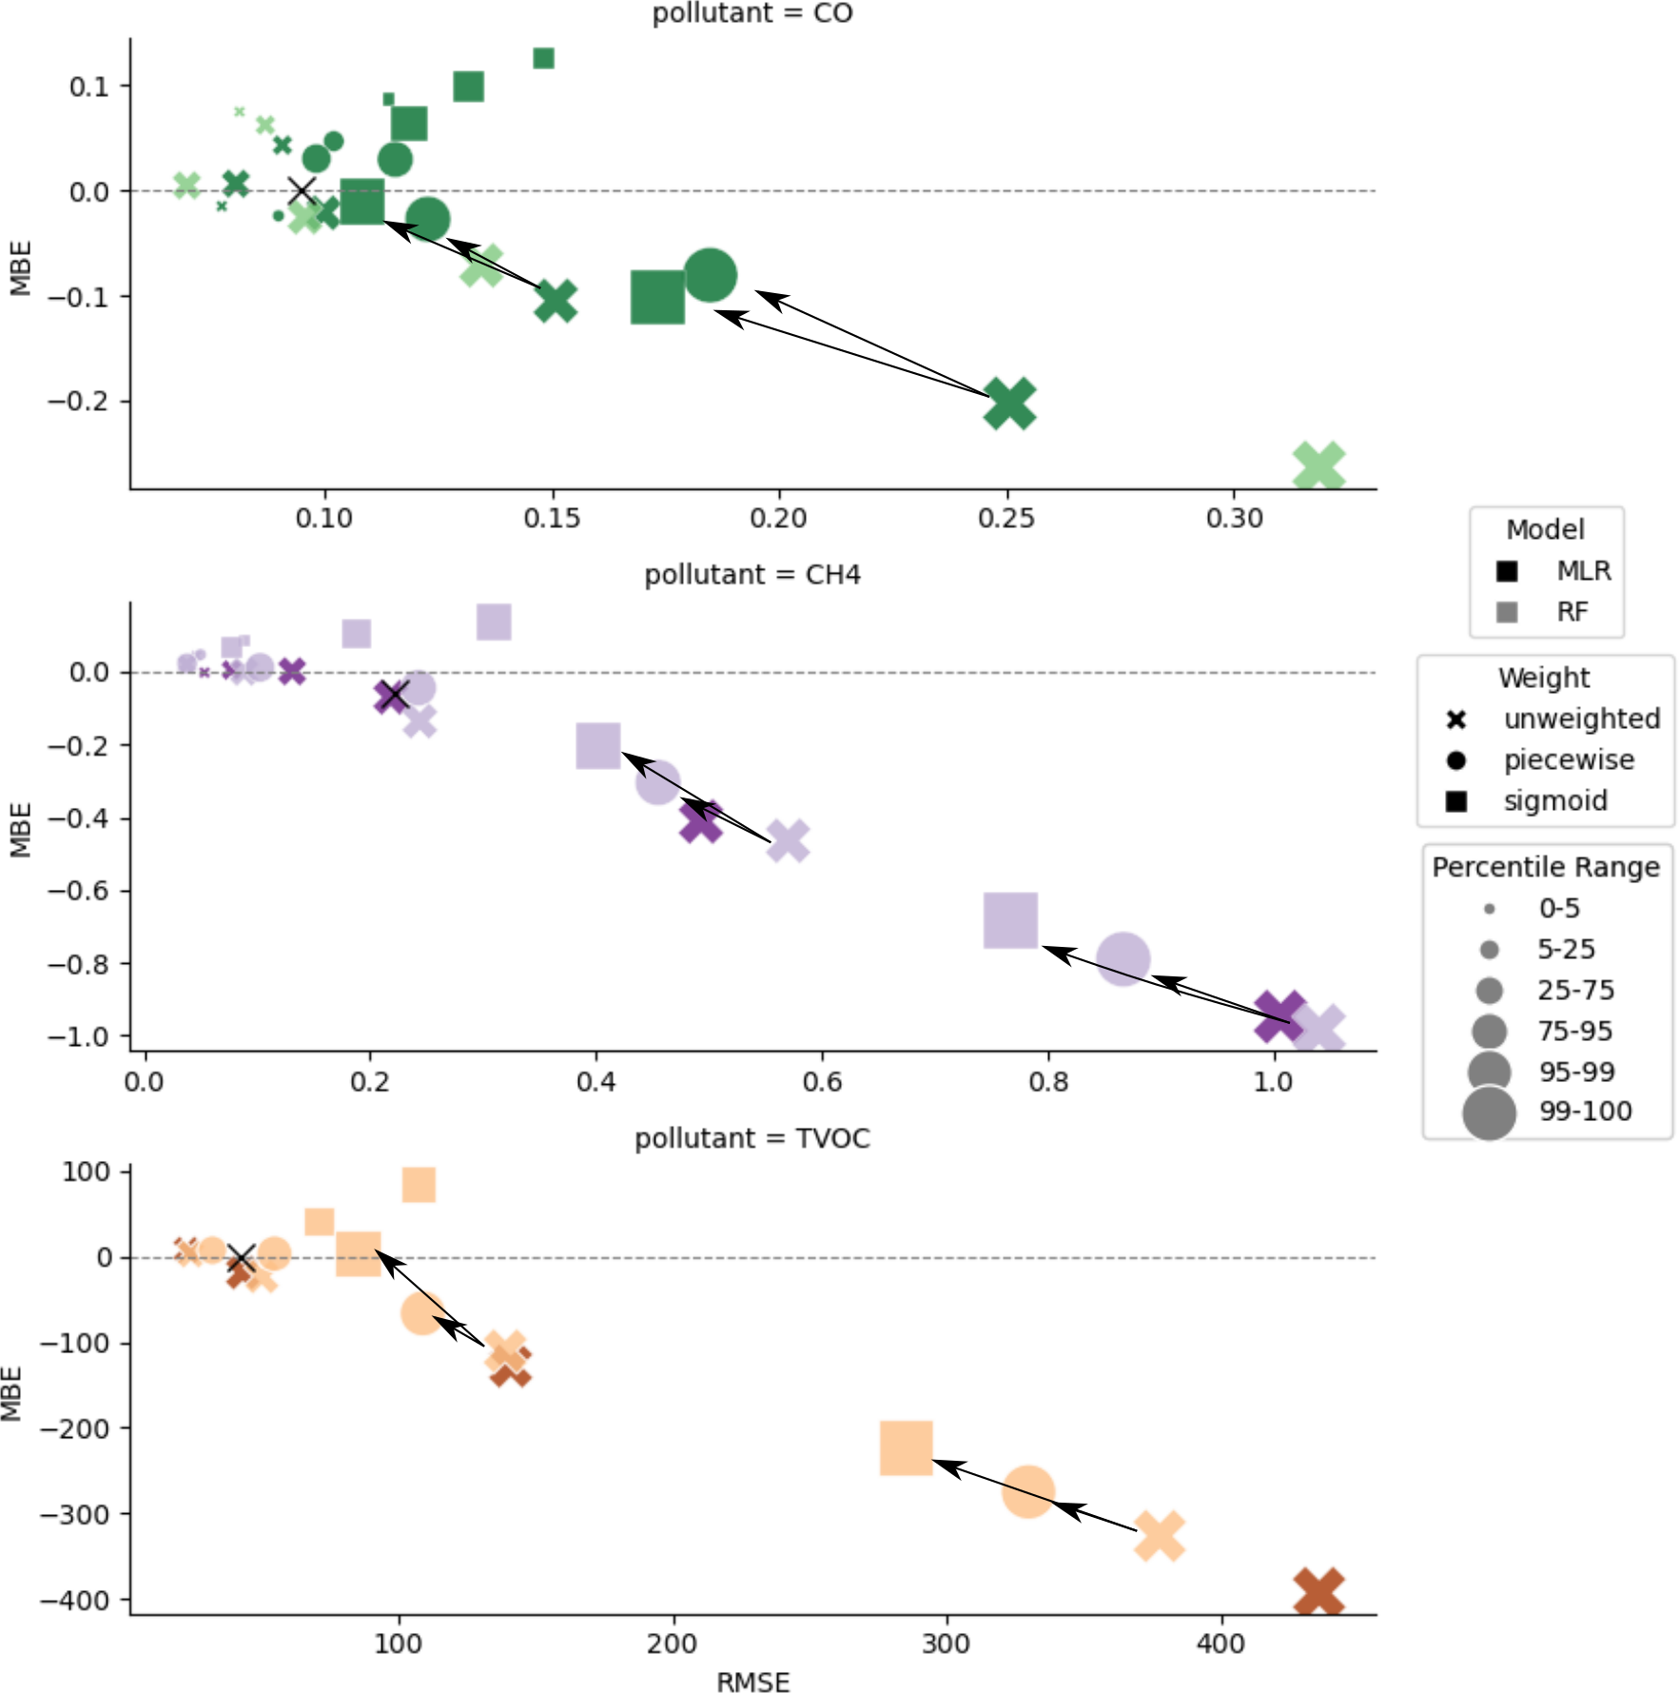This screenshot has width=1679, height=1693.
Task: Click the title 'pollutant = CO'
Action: (x=752, y=13)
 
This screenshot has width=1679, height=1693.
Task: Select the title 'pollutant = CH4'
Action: (x=752, y=575)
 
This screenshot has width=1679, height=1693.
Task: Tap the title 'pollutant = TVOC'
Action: (x=752, y=1138)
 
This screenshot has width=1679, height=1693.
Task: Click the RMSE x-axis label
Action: (x=752, y=1682)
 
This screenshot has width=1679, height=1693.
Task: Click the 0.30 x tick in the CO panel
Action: (x=1234, y=519)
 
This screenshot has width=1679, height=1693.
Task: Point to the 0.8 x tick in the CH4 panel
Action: (x=1047, y=1082)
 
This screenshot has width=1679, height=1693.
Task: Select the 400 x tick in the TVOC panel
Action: (x=1220, y=1644)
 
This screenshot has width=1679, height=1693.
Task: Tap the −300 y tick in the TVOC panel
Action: (x=74, y=1514)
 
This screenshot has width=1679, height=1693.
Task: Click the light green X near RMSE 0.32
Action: (x=1318, y=466)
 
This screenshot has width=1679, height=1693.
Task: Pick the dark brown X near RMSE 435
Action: (x=1318, y=1592)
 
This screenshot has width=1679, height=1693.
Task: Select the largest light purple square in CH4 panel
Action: (x=1010, y=920)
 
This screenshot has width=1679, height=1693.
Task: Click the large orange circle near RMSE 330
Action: (x=1027, y=1490)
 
